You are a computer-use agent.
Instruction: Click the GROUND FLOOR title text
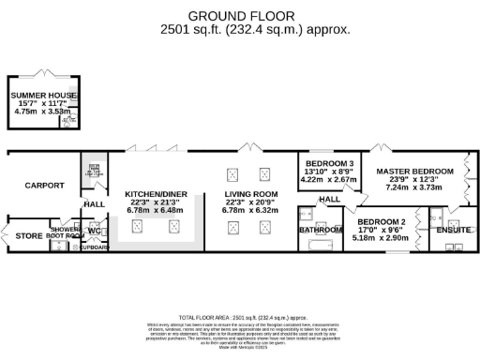pos(242,16)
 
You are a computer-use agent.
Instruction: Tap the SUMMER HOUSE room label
pos(43,95)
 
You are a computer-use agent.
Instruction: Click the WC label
pos(94,229)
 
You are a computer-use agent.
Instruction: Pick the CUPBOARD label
pos(95,248)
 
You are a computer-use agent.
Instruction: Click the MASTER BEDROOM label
pos(414,172)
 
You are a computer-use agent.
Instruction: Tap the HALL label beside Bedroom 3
pos(328,199)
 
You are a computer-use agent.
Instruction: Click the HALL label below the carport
pos(95,202)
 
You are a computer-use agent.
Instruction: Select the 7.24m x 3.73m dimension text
pos(414,187)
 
